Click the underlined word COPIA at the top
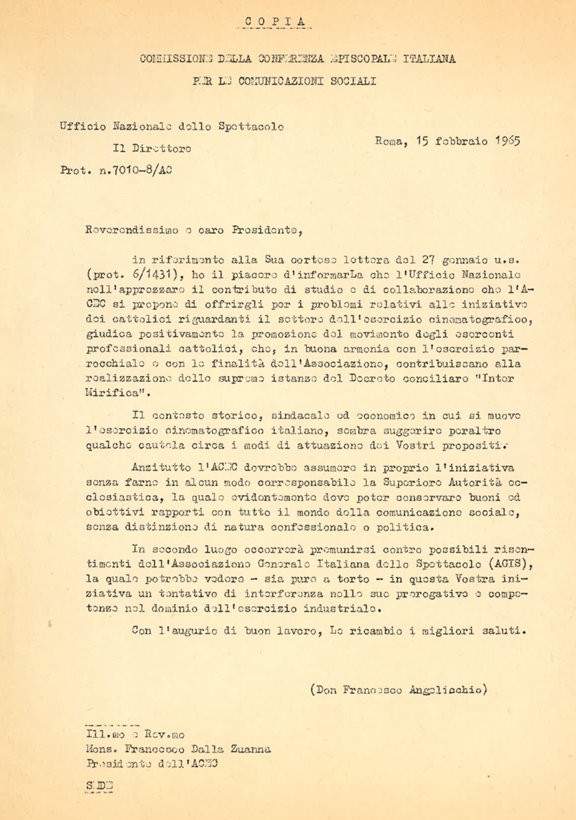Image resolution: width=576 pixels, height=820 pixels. click(x=279, y=22)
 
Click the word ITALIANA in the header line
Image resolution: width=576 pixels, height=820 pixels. click(x=430, y=58)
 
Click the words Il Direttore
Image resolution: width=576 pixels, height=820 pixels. click(x=151, y=148)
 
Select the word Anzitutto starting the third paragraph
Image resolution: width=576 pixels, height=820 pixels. click(x=160, y=469)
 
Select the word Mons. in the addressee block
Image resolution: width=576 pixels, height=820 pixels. click(x=100, y=749)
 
